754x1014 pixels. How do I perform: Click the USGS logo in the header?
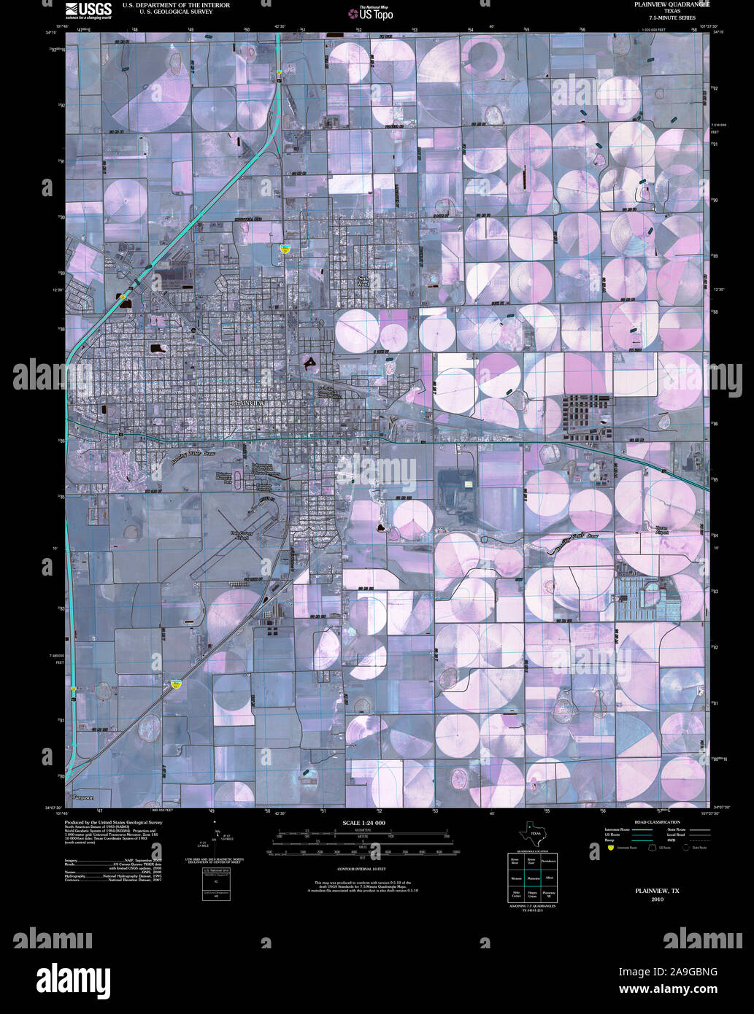[88, 9]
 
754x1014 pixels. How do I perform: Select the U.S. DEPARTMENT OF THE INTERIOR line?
[176, 5]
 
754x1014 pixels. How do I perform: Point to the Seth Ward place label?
[364, 282]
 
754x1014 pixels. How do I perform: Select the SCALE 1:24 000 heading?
[363, 823]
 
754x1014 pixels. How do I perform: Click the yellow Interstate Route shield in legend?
[610, 848]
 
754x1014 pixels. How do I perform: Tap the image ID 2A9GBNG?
[668, 971]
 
